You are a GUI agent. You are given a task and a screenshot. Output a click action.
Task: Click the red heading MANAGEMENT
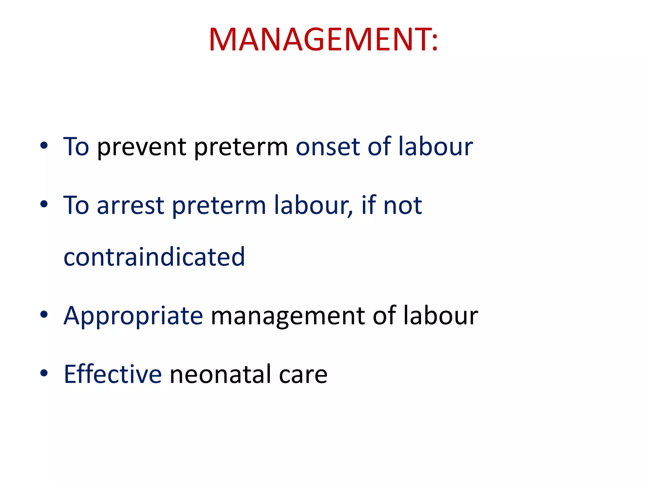pos(323,39)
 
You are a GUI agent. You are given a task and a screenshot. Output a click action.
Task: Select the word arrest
pos(130,206)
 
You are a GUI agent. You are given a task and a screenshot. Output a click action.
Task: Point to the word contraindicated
pos(154,257)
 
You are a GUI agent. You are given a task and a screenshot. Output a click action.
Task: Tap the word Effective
pos(113,374)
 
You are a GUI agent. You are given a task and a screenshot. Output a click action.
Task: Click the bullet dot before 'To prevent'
pos(44,146)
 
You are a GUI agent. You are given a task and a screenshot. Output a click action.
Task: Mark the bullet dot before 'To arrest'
pos(44,204)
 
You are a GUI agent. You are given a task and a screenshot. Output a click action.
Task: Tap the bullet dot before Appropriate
pos(44,314)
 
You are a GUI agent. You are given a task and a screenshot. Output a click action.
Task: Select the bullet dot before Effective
pos(44,373)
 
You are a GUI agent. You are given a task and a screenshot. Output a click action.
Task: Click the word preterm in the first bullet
pos(241,147)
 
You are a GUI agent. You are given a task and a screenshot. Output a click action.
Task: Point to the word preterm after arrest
pos(219,206)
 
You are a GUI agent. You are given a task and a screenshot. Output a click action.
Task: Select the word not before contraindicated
pos(402,206)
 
